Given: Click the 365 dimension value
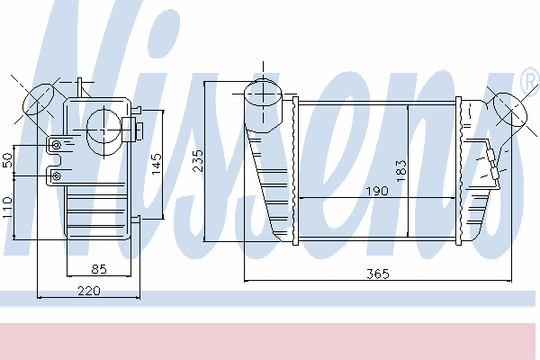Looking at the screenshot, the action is pos(377,274).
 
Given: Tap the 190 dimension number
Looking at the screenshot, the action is pos(377,191).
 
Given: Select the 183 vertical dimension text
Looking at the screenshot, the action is pos(401,171).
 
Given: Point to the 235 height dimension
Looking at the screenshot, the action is pos(198,160).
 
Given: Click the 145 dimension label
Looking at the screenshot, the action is pos(157,164).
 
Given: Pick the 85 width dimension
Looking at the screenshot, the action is pos(99,269).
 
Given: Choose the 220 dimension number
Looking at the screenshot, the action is pos(89,291).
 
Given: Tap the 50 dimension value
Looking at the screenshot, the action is pos(7,160).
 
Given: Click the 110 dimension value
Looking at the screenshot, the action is pos(7,207).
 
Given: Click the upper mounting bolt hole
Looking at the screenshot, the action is pos(56,145).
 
